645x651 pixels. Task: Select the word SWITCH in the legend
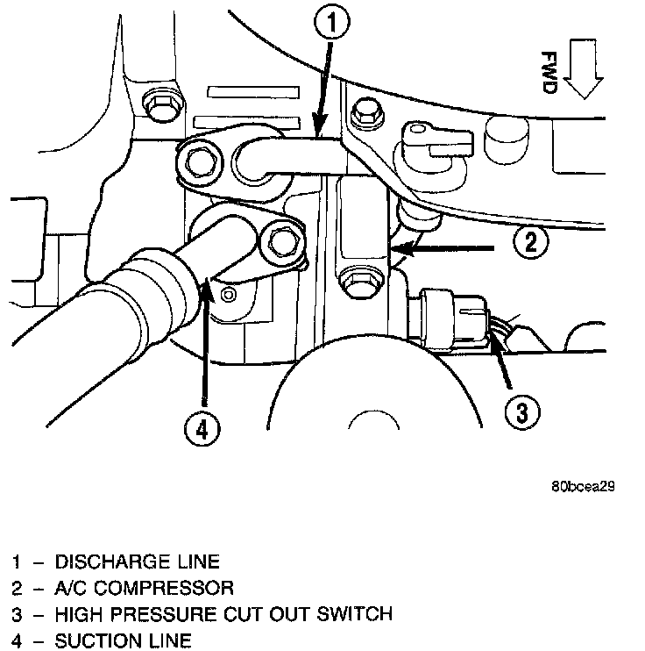click(x=358, y=613)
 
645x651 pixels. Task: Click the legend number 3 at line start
click(x=16, y=613)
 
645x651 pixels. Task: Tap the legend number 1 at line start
click(x=16, y=561)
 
